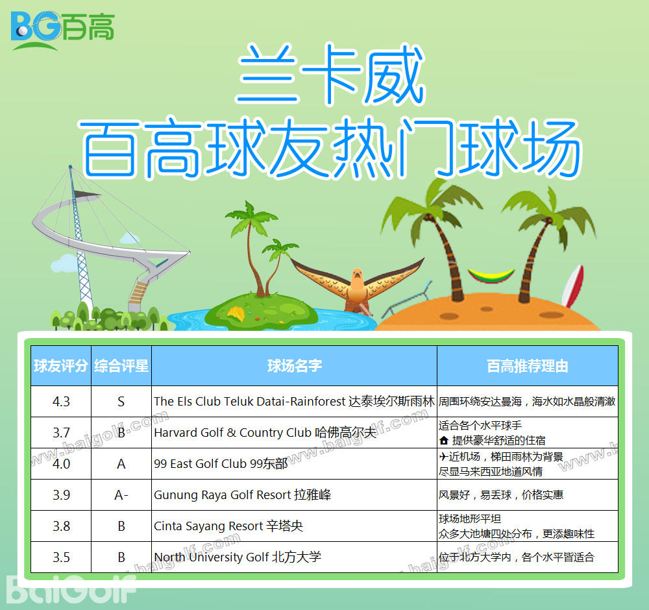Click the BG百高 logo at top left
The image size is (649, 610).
pyautogui.click(x=62, y=30)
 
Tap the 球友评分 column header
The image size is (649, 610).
pyautogui.click(x=61, y=366)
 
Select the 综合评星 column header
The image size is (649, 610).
pyautogui.click(x=121, y=366)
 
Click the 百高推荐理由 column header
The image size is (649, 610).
pyautogui.click(x=527, y=366)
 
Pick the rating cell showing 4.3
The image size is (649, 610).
pyautogui.click(x=61, y=402)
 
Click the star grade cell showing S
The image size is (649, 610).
pyautogui.click(x=121, y=402)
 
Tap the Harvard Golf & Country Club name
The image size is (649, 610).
pyautogui.click(x=265, y=432)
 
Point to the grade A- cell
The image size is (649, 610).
pyautogui.click(x=121, y=495)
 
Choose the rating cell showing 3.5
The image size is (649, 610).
pyautogui.click(x=61, y=557)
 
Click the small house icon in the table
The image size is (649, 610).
pyautogui.click(x=444, y=441)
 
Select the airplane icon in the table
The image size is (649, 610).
pyautogui.click(x=444, y=456)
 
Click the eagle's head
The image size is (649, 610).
pyautogui.click(x=357, y=276)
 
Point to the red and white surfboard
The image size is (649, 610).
pyautogui.click(x=572, y=286)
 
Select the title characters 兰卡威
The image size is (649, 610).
pyautogui.click(x=330, y=75)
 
